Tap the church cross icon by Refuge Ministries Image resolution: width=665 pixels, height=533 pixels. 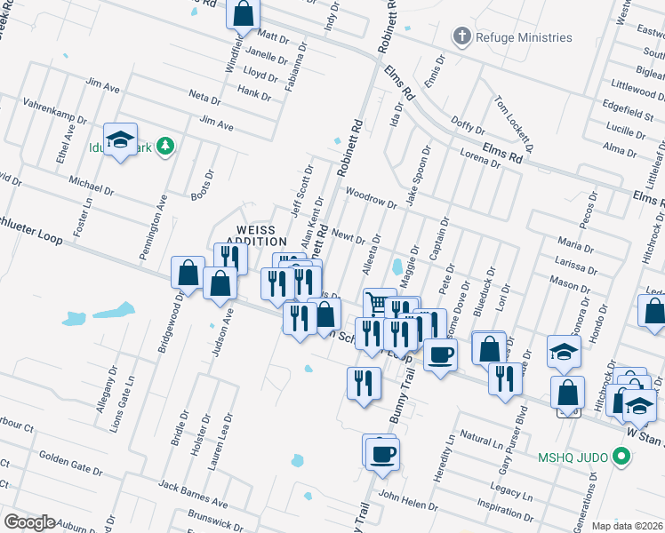point(461,37)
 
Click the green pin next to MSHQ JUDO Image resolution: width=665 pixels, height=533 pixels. point(622,458)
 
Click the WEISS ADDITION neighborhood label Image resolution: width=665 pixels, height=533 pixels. point(256,235)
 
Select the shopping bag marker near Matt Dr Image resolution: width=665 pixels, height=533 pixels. point(243,15)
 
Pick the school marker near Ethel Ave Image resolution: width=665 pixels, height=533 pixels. point(120,139)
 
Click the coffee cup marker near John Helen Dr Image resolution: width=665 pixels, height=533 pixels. point(382,453)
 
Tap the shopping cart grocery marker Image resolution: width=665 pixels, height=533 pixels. point(379,304)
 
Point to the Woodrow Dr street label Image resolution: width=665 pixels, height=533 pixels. point(372,196)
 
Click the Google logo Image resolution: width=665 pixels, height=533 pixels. point(29,522)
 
